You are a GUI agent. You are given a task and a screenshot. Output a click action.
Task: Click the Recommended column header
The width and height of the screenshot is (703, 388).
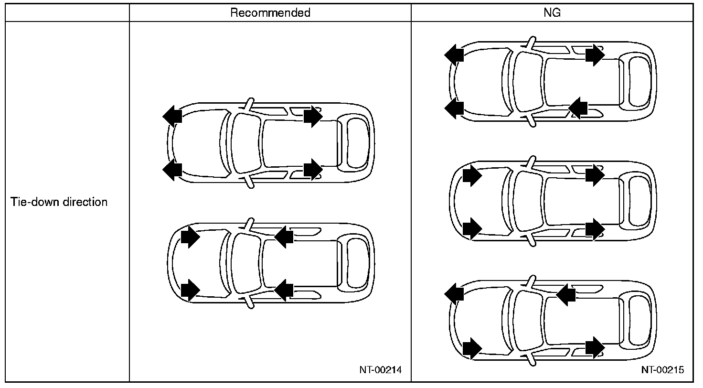click(270, 13)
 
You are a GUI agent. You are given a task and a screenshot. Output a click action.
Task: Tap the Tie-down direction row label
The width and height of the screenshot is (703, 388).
click(59, 202)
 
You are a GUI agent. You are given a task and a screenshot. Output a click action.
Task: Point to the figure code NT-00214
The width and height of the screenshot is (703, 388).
click(381, 369)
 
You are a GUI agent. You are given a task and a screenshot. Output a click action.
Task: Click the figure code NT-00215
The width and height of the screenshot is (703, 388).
click(662, 369)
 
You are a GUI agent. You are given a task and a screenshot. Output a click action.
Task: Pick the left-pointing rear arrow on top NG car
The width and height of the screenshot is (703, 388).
click(578, 108)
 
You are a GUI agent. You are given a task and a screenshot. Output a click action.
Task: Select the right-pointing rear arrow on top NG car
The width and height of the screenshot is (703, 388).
click(595, 55)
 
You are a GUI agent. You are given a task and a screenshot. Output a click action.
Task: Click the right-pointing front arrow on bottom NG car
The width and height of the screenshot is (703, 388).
click(471, 348)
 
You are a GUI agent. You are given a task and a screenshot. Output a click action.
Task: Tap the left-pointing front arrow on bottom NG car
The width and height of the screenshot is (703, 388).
click(454, 292)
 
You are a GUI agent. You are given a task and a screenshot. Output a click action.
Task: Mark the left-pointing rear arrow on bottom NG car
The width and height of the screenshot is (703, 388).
click(566, 294)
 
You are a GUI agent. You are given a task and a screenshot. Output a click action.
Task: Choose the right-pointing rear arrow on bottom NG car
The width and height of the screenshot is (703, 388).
click(595, 347)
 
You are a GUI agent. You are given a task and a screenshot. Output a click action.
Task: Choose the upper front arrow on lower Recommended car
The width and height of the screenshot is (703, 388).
click(190, 237)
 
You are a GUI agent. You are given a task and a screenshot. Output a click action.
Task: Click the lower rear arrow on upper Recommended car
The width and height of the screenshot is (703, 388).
click(313, 169)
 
